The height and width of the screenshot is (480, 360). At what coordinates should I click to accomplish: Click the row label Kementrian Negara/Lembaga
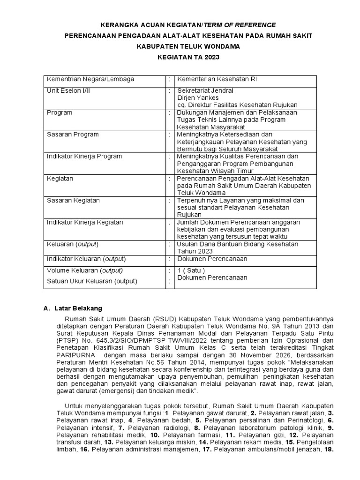point(90,79)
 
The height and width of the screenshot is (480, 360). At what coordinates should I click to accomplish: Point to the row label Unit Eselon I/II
point(68,90)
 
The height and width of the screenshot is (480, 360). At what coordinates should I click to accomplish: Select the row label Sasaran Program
point(73,135)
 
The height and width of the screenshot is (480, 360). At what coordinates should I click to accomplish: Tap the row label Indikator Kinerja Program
point(84,156)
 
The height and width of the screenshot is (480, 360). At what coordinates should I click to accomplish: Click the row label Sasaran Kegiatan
point(73,201)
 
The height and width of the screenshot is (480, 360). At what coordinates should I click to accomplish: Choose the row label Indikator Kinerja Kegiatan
point(85,222)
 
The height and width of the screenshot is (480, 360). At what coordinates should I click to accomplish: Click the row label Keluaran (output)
point(73,244)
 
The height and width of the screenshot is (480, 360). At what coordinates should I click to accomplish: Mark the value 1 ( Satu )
point(191,270)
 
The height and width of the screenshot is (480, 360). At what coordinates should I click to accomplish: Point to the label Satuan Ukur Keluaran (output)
point(92,281)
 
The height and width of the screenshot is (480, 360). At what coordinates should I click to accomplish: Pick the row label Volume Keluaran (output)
point(85,270)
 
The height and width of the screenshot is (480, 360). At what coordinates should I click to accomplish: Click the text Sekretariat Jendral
point(205,90)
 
